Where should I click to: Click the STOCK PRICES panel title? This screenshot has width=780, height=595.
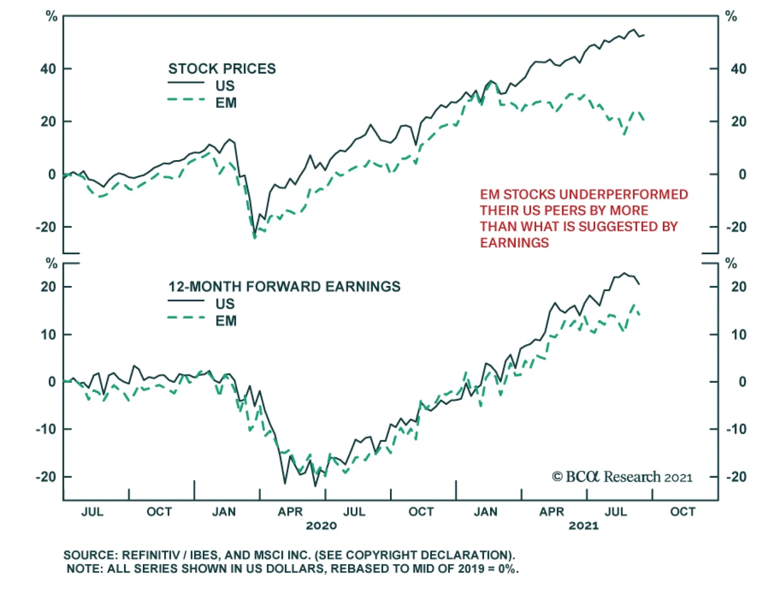pos(222,69)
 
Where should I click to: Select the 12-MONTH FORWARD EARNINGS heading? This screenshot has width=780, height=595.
pos(284,287)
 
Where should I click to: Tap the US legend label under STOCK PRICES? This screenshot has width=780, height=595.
pos(225,86)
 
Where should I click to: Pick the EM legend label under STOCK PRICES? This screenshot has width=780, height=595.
pos(226,103)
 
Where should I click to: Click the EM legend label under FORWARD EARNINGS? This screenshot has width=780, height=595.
pos(226,321)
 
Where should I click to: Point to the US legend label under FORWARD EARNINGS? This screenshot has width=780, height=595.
pos(225,304)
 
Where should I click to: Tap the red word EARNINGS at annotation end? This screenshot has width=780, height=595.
pos(514,243)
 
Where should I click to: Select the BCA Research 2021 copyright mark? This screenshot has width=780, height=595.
pos(622,477)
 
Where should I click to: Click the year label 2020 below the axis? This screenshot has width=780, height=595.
pos(321,526)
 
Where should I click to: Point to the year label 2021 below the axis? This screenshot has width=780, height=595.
pos(584,526)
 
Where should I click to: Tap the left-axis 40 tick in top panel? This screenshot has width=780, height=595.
pos(48,69)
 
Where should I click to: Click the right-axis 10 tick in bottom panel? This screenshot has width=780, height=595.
pos(739,335)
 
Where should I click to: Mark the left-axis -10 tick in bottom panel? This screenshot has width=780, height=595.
pos(46,430)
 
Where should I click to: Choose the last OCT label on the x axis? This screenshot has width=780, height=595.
pos(682,512)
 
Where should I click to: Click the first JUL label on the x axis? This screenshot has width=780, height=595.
pos(92,512)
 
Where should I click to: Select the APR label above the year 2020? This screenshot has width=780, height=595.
pos(290,512)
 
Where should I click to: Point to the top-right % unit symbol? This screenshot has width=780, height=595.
pos(731,17)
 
